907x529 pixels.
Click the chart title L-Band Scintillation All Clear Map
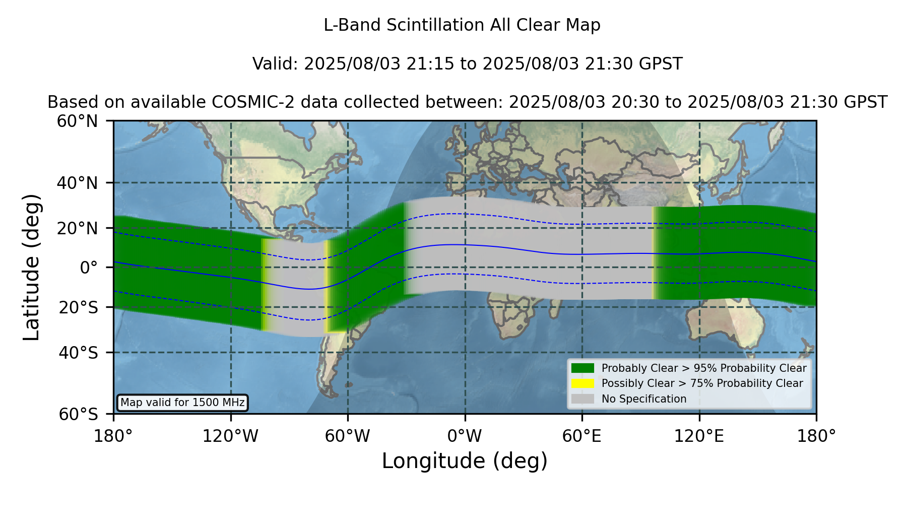pos(462,25)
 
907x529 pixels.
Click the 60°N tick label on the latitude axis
pos(77,121)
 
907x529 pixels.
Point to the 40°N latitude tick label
pos(77,183)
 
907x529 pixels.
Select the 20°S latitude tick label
pos(79,307)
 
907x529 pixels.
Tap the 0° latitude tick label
pos(89,268)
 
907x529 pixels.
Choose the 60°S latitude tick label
pos(79,414)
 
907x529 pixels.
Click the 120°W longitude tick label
pos(230,436)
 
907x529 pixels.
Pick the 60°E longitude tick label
pos(582,436)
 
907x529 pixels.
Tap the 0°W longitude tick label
pos(465,436)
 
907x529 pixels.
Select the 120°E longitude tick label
pos(699,436)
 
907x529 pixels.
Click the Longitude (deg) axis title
pos(465,461)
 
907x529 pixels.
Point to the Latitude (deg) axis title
pos(31,268)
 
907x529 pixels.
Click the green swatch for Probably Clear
pos(582,368)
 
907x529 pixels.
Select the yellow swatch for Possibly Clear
pos(582,383)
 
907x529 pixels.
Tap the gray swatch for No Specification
pos(582,399)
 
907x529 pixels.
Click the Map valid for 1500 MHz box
pos(182,403)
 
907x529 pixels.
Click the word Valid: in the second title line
pos(276,64)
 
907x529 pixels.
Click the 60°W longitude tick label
pos(348,436)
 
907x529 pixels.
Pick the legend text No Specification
pos(644,399)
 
